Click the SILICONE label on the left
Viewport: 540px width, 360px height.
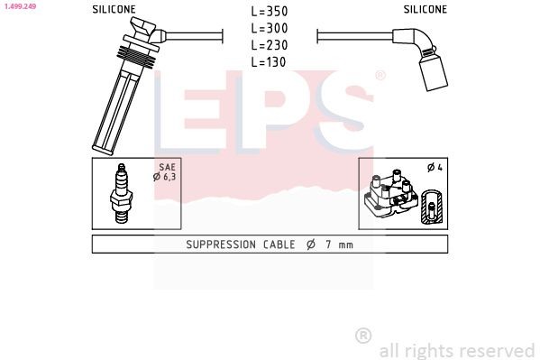point(114,9)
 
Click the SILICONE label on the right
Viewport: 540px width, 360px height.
point(425,9)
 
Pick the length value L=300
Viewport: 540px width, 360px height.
point(270,29)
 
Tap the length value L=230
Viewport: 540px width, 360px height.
point(270,45)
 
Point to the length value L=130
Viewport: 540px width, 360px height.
point(270,61)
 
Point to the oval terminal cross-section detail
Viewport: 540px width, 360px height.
point(433,208)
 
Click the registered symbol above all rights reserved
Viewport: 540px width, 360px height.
point(363,335)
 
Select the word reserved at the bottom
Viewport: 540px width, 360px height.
point(497,350)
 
